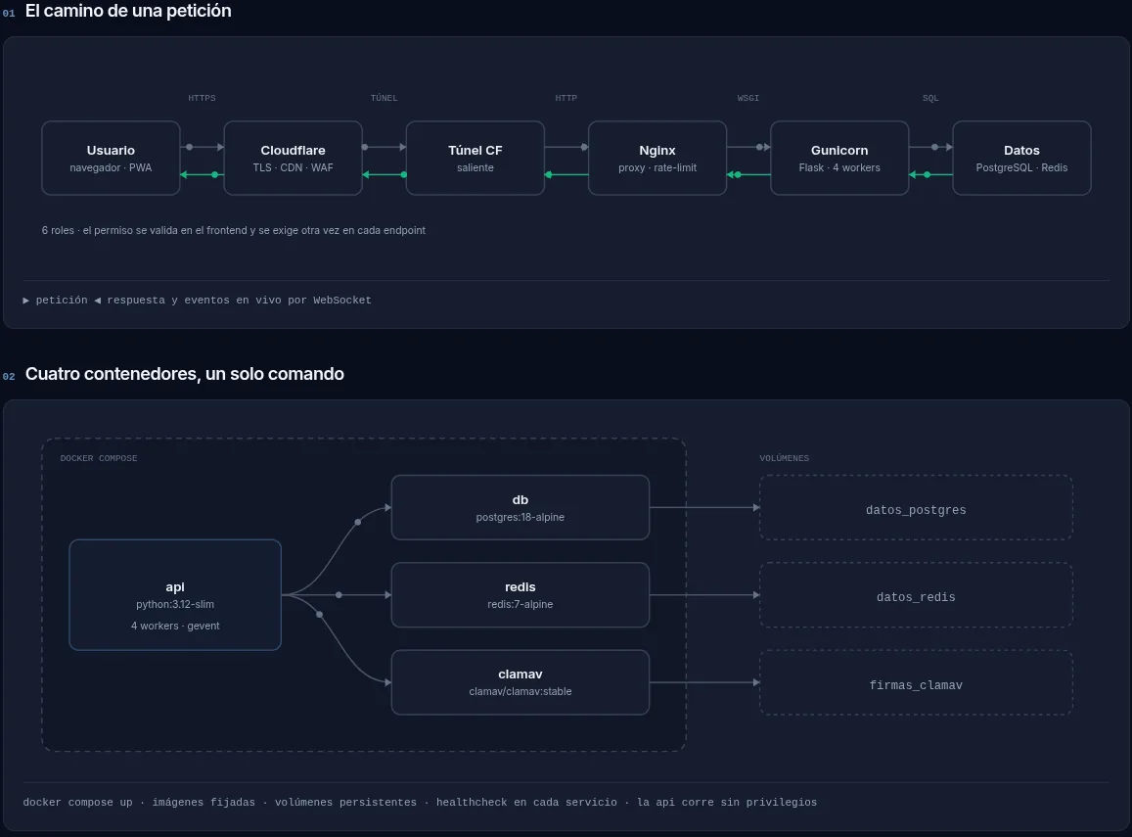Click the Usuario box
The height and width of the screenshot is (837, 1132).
pyautogui.click(x=111, y=159)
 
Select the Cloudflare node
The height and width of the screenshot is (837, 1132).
pyautogui.click(x=294, y=159)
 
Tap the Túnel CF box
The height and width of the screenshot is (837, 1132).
pyautogui.click(x=475, y=159)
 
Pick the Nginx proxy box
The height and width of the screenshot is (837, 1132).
pyautogui.click(x=657, y=159)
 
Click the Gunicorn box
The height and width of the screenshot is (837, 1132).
pyautogui.click(x=839, y=159)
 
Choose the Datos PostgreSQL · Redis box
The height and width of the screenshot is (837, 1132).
pyautogui.click(x=1021, y=159)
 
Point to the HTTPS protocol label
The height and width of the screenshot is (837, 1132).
pyautogui.click(x=203, y=98)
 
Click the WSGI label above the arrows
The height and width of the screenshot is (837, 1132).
pyautogui.click(x=747, y=98)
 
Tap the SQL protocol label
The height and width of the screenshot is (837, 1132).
pyautogui.click(x=930, y=98)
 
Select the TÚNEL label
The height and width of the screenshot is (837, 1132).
pyautogui.click(x=385, y=98)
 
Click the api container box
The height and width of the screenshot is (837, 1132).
pyautogui.click(x=175, y=595)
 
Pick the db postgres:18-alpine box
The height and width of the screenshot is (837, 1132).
pyautogui.click(x=520, y=508)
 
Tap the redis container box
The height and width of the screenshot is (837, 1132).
pyautogui.click(x=520, y=595)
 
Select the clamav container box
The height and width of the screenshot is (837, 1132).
pyautogui.click(x=520, y=682)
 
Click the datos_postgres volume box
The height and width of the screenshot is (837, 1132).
pyautogui.click(x=916, y=508)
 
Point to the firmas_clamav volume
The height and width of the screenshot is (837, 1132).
pyautogui.click(x=916, y=682)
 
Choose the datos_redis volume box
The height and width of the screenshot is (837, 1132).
pyautogui.click(x=916, y=595)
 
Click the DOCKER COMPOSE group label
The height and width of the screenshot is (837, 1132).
pyautogui.click(x=99, y=458)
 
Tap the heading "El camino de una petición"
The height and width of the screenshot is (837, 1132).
pyautogui.click(x=128, y=11)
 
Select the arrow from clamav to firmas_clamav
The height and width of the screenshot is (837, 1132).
pyautogui.click(x=704, y=682)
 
